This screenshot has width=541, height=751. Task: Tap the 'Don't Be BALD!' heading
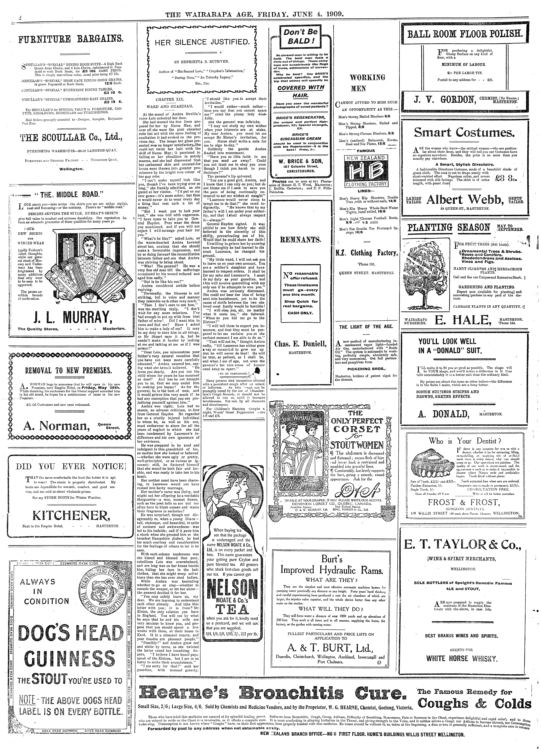coord(298,36)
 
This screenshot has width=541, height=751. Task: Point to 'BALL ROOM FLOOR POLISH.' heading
coord(465,34)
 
